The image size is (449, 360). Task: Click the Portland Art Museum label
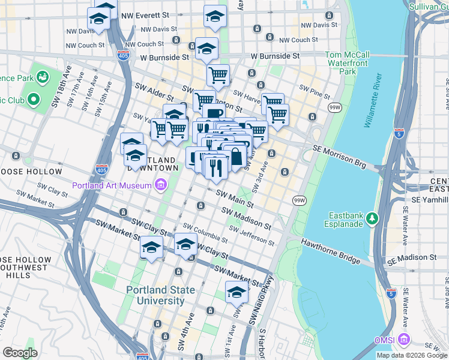coord(112,185)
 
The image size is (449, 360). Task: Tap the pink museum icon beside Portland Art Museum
coord(160,185)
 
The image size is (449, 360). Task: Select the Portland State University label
coord(160,295)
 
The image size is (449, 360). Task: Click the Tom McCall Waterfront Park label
coord(349,63)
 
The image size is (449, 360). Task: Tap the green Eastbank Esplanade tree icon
coord(372,217)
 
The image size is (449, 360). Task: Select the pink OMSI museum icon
coord(404,340)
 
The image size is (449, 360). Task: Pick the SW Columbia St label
coord(205,232)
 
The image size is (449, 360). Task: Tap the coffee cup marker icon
coord(213,113)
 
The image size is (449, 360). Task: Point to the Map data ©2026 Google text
coord(411,355)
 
